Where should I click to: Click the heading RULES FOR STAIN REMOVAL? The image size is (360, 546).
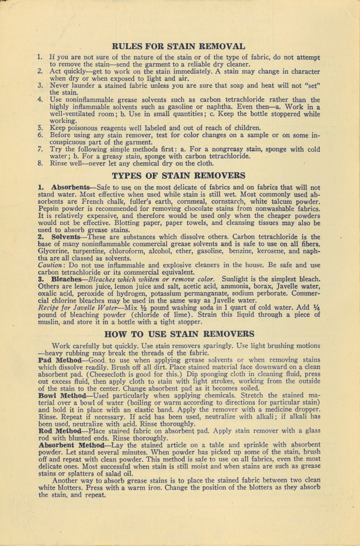[178, 46]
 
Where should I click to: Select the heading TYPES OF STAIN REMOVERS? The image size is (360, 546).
[178, 175]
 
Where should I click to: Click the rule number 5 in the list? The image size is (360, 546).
[40, 128]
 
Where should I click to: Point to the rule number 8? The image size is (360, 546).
[40, 163]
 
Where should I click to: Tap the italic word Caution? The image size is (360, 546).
[52, 265]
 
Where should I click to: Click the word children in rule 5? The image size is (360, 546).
[245, 128]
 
